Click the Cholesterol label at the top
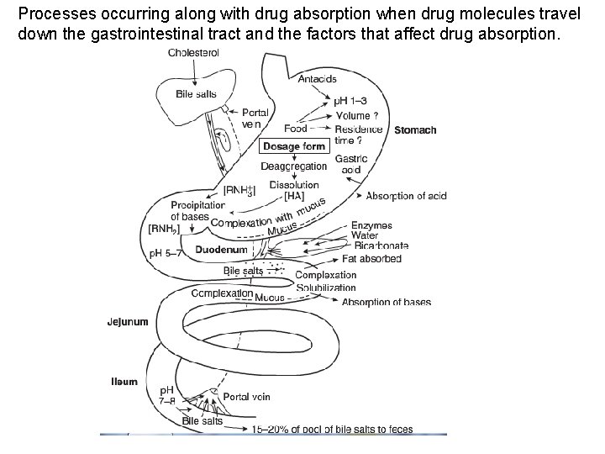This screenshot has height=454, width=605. pyautogui.click(x=193, y=52)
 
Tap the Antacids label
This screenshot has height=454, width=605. pyautogui.click(x=317, y=79)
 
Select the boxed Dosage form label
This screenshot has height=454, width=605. pyautogui.click(x=293, y=146)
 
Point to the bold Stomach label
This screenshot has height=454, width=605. pyautogui.click(x=415, y=130)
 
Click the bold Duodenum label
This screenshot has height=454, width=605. pyautogui.click(x=221, y=250)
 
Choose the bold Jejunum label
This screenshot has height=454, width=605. pyautogui.click(x=128, y=321)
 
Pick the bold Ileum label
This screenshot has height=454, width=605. pyautogui.click(x=124, y=382)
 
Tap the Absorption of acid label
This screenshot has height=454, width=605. pyautogui.click(x=406, y=196)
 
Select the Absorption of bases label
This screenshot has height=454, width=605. pyautogui.click(x=387, y=302)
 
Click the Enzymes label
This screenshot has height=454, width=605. pyautogui.click(x=371, y=226)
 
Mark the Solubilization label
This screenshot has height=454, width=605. pyautogui.click(x=326, y=288)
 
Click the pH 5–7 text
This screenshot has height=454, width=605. pyautogui.click(x=166, y=253)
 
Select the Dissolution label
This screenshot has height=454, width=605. pyautogui.click(x=294, y=185)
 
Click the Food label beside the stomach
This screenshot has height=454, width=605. pyautogui.click(x=296, y=129)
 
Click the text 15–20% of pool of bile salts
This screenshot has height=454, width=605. pyautogui.click(x=333, y=430)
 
